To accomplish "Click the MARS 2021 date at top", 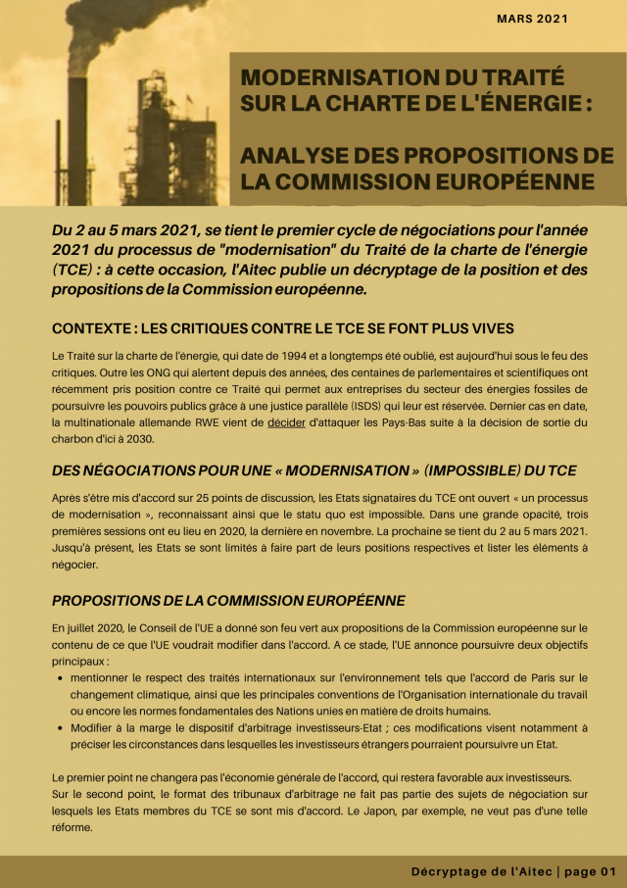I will click(x=531, y=19).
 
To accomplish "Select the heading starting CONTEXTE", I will click(x=283, y=327).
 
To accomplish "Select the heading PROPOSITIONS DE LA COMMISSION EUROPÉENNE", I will click(x=228, y=600).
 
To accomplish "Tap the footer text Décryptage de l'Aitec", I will click(x=481, y=871).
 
